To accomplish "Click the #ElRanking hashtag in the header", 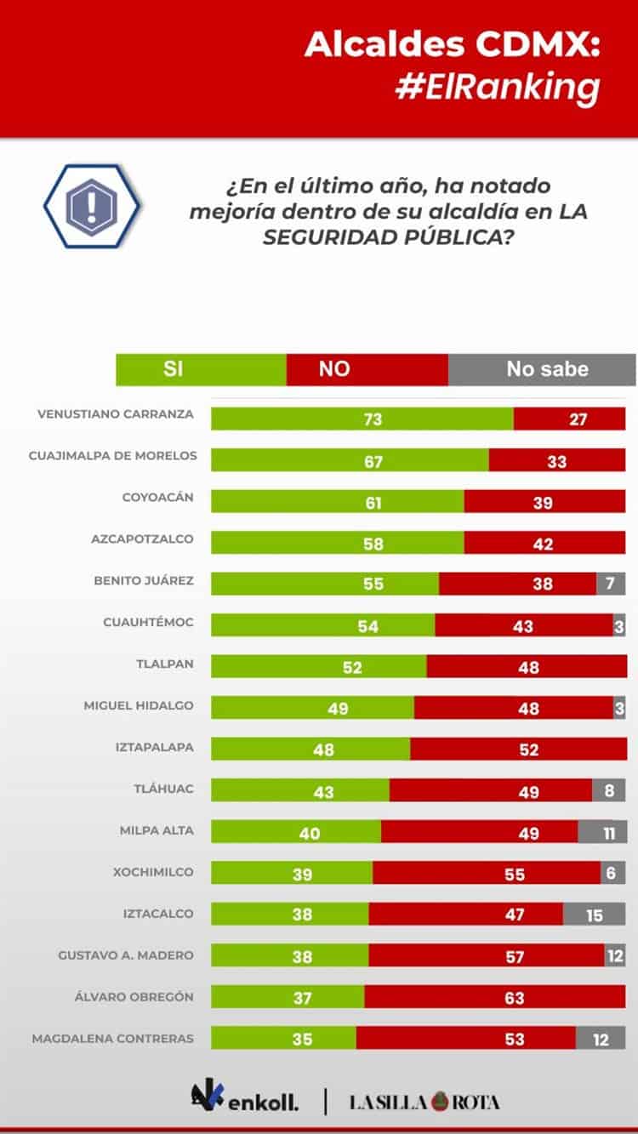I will click(x=498, y=88).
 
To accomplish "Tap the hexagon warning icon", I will click(x=92, y=206).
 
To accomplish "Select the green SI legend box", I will click(x=201, y=369).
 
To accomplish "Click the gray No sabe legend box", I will click(x=542, y=369).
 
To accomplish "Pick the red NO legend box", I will click(x=367, y=369).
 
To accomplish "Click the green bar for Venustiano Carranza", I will click(x=362, y=419).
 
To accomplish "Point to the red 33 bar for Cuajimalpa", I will click(x=557, y=460).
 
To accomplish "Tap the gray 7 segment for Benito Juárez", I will click(x=611, y=584).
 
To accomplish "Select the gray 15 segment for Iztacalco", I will click(x=594, y=915).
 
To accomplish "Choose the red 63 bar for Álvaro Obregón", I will click(x=495, y=997).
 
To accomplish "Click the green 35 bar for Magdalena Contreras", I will click(x=283, y=1039).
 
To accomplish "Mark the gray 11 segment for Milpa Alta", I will click(x=602, y=832).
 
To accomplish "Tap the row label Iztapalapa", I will click(x=155, y=747).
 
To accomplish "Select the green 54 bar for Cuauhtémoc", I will click(x=322, y=625).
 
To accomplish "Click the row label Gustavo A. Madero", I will click(x=126, y=955).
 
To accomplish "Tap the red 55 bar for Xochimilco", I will click(x=487, y=873).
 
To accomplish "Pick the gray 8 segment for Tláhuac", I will click(x=608, y=790).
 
